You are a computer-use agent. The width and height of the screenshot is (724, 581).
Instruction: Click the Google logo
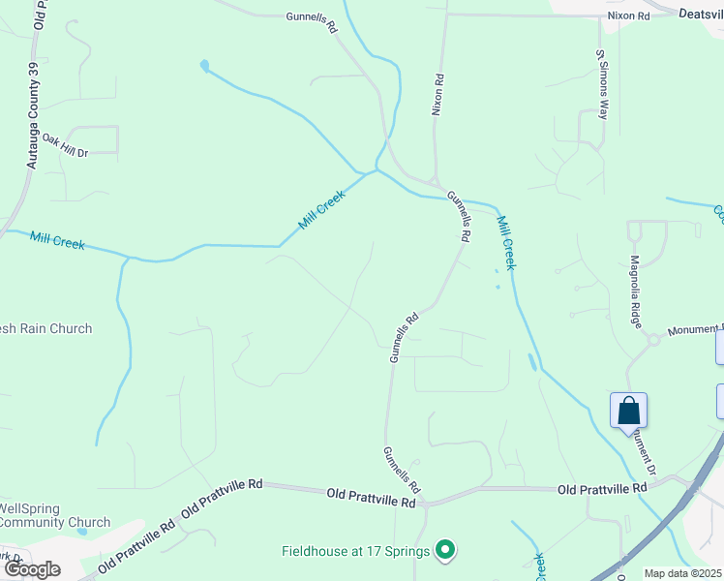pyautogui.click(x=32, y=568)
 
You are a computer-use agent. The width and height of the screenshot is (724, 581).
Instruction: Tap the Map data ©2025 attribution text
pyautogui.click(x=682, y=573)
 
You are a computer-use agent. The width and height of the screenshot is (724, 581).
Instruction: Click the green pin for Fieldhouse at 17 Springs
pyautogui.click(x=445, y=551)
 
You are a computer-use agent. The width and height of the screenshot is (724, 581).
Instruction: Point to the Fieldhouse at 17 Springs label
pyautogui.click(x=356, y=551)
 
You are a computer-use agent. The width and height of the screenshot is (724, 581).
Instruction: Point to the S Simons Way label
pyautogui.click(x=602, y=83)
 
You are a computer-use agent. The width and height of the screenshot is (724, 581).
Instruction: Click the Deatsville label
pyautogui.click(x=701, y=15)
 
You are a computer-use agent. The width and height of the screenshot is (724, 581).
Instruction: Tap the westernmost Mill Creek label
pyautogui.click(x=56, y=240)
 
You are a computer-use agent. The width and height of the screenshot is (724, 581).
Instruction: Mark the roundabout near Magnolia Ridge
pyautogui.click(x=653, y=339)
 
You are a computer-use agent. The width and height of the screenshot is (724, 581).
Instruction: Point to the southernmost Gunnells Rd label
pyautogui.click(x=401, y=469)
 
